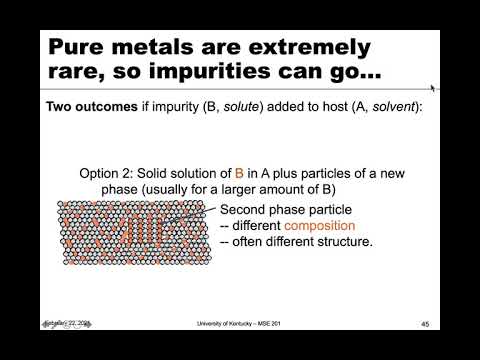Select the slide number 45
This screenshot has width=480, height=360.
coord(424,324)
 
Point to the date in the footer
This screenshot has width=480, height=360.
coord(65,322)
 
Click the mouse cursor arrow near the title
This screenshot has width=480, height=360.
coord(433,88)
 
